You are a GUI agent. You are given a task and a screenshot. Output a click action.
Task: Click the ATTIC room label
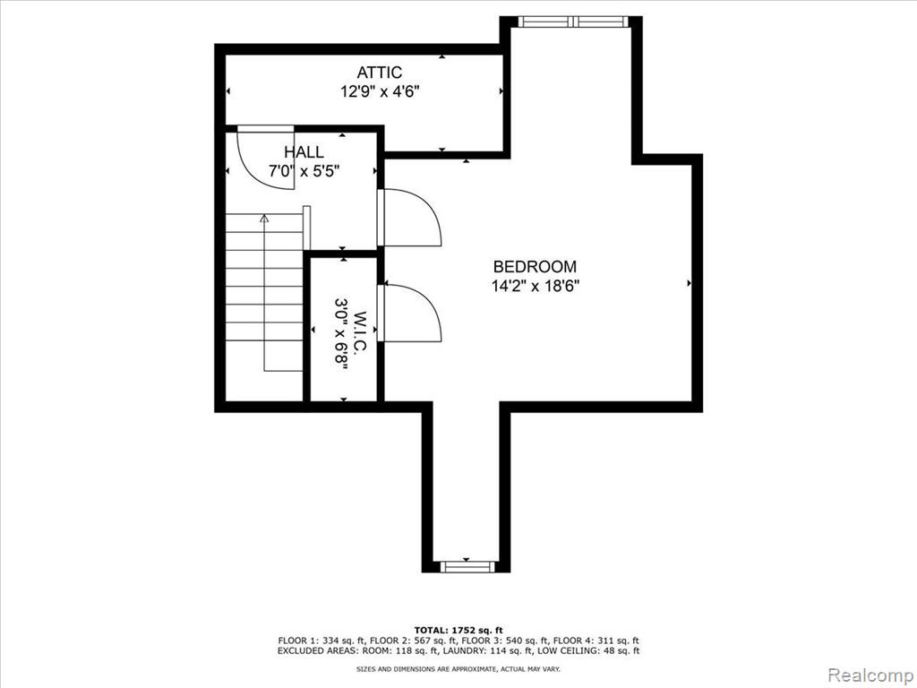380,73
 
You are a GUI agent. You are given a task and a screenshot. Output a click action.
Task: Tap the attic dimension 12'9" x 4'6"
380,92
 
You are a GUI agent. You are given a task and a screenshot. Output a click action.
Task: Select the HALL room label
304,152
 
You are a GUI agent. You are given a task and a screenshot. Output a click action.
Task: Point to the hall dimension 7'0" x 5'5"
304,171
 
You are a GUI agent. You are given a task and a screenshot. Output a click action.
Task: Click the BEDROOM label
536,267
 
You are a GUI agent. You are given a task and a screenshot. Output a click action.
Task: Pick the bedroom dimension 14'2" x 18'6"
536,286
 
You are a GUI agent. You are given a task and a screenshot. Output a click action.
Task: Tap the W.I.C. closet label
360,331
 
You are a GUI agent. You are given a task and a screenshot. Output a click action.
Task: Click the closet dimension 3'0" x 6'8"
341,331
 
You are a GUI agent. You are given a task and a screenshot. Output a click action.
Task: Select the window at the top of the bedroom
573,21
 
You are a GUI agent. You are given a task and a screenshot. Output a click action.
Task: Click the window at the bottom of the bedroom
467,566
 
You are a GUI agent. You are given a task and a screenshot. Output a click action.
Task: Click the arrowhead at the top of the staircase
264,219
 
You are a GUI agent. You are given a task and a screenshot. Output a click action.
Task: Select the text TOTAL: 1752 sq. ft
458,630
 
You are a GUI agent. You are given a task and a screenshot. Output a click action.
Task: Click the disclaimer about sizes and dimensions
458,668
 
